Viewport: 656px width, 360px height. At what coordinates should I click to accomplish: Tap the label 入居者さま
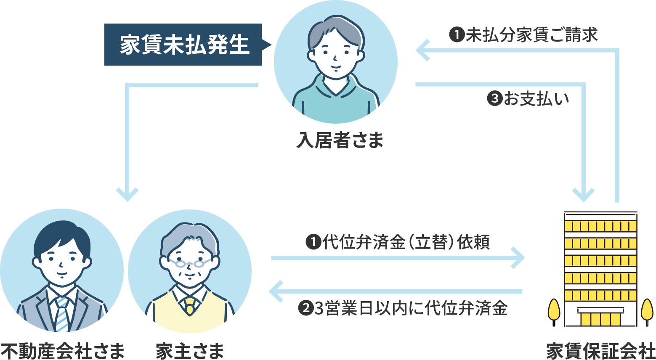[340, 140]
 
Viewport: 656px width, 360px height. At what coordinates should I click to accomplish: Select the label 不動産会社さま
[63, 351]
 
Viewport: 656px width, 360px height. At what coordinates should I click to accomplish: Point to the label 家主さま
[190, 351]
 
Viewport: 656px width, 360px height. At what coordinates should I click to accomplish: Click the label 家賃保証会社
[600, 351]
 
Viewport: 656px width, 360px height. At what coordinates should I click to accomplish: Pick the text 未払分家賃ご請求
[531, 35]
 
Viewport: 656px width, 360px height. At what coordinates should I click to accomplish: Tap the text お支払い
[536, 99]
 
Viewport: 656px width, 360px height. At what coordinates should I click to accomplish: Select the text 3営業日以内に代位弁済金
[411, 308]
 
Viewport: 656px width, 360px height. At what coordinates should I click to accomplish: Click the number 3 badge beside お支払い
[495, 99]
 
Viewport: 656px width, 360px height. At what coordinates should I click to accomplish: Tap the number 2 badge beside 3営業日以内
[305, 308]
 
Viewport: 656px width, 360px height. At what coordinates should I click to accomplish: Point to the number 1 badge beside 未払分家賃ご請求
[457, 35]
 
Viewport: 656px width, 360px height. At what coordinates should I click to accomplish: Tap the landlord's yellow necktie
[190, 306]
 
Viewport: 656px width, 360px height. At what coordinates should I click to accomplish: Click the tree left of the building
[553, 312]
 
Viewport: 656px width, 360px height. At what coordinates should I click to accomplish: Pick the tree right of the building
[647, 312]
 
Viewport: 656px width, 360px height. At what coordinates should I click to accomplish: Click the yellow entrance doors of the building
[600, 319]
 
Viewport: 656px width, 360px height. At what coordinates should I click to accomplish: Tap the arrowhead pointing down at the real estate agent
[127, 194]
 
